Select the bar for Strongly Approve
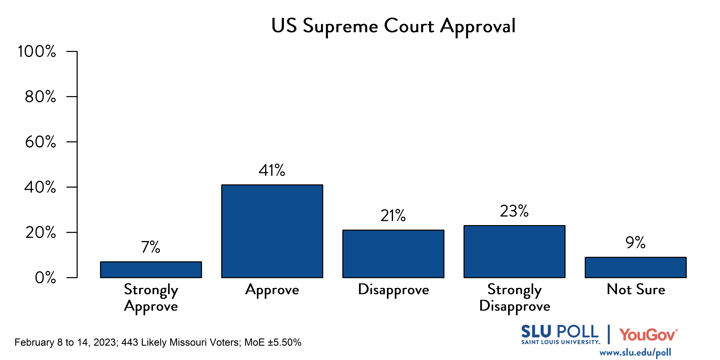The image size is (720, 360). pos(151,270)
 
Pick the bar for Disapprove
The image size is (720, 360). pos(393,254)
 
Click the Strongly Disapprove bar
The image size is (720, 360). pos(514,252)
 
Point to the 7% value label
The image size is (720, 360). pos(151,247)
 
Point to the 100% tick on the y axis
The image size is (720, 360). pos(37,51)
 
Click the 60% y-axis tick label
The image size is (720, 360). pos(41,142)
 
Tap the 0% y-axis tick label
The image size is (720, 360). pos(45,278)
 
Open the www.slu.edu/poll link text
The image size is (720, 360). pos(635,353)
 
